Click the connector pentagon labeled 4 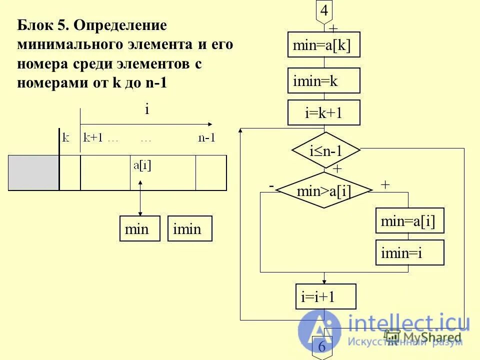(x=324, y=11)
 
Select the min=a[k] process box (x=323, y=45)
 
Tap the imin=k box (x=323, y=80)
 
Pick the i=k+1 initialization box (x=323, y=112)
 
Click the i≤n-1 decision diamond (x=326, y=150)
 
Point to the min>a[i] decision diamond (x=324, y=190)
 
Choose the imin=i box (x=409, y=252)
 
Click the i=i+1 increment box (x=325, y=296)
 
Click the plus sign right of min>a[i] (x=385, y=184)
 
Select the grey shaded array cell (x=33, y=172)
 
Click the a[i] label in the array (x=142, y=165)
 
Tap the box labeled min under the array (x=139, y=228)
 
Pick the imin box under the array (x=189, y=228)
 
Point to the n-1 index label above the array (x=206, y=138)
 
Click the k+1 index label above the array (x=93, y=138)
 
